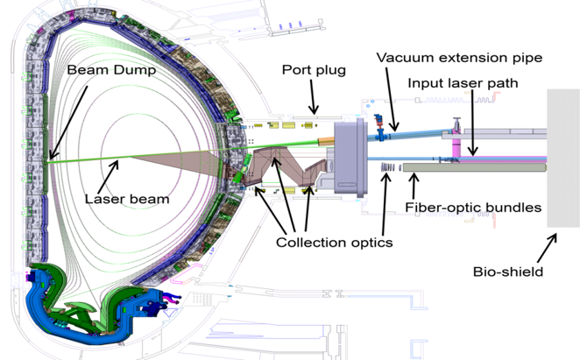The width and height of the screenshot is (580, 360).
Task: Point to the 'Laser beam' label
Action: (x=126, y=199)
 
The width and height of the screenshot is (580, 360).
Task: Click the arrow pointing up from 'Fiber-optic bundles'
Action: (x=414, y=186)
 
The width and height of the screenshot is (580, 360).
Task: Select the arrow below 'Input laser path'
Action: (x=473, y=123)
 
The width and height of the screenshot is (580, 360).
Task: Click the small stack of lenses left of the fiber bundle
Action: (x=389, y=168)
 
